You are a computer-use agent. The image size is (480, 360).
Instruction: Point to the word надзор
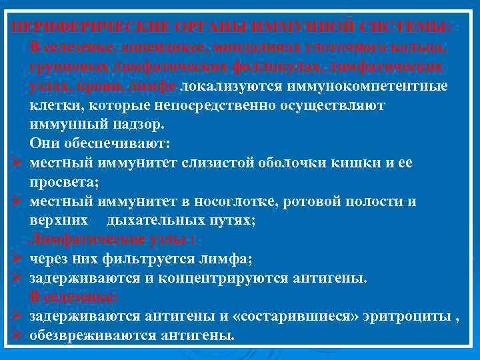141,125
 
